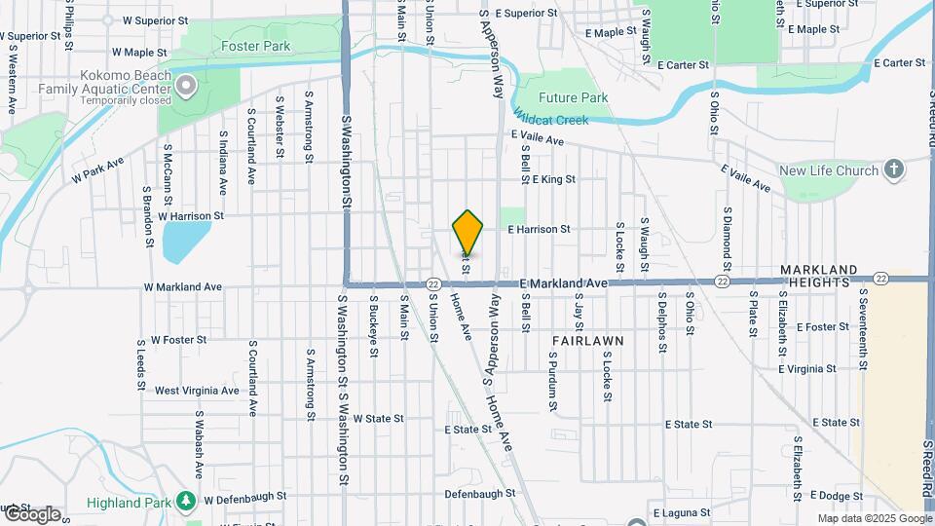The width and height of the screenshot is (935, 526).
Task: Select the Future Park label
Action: [x=574, y=97]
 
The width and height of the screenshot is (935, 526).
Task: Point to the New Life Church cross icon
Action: [x=893, y=170]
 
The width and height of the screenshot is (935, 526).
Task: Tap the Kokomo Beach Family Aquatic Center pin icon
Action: [x=186, y=88]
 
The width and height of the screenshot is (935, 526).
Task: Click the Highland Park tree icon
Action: [x=185, y=501]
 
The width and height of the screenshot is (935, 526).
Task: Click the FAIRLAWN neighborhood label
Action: [x=586, y=340]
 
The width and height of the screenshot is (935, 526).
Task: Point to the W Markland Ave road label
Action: [x=183, y=287]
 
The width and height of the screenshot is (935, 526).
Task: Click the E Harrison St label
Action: [x=539, y=230]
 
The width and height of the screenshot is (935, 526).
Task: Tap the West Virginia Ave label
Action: [x=197, y=391]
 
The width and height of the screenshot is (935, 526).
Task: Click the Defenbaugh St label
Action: [x=480, y=494]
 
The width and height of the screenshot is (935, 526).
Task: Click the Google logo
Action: [x=31, y=514]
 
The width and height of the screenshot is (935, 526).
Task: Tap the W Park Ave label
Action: [x=98, y=171]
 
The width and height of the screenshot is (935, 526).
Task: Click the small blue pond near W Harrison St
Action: [x=186, y=242]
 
